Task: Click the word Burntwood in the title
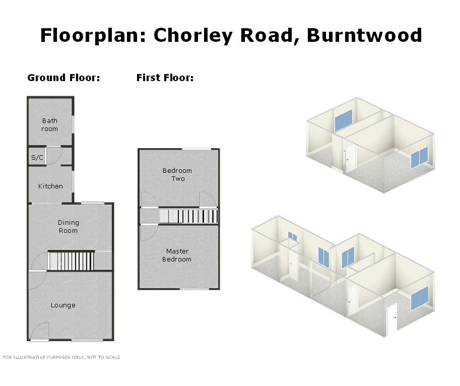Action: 364,35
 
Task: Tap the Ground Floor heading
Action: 63,78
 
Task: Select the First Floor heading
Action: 165,78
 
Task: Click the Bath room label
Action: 49,124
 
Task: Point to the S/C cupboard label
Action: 37,158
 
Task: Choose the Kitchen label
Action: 50,186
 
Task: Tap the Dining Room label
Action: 68,226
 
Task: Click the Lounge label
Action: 63,305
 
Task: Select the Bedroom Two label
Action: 177,174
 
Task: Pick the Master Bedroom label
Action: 177,255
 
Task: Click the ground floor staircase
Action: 71,261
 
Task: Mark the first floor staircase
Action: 188,216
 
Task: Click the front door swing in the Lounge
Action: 39,332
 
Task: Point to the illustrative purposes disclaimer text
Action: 61,357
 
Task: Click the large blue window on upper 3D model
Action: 344,120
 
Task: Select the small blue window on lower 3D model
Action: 293,236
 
